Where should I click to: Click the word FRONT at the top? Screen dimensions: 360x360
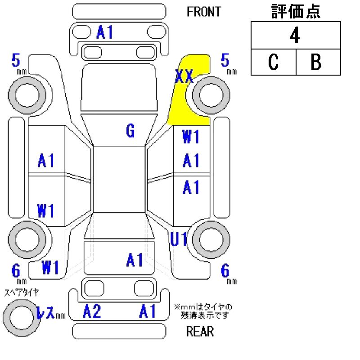point(204,12)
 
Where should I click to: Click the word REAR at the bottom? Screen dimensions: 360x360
point(200,332)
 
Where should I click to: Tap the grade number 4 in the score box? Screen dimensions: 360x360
point(295,36)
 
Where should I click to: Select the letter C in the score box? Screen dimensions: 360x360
point(273,63)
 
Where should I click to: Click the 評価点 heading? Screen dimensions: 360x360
point(296,12)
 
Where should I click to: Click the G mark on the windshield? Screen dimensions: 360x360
point(130,131)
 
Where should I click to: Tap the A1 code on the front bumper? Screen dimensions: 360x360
point(104,32)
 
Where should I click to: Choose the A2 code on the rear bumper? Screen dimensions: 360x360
point(92,311)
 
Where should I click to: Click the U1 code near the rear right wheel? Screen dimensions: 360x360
point(179,240)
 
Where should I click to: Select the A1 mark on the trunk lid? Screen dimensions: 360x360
point(135,260)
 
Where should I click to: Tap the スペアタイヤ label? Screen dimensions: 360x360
point(22,292)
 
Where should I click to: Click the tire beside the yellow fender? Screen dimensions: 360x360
point(211,95)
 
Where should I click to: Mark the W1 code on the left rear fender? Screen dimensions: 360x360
point(51,268)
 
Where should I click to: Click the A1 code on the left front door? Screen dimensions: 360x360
point(46,160)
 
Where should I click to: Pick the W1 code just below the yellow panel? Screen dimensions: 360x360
point(191,136)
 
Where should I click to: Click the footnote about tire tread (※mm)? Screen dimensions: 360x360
point(203,311)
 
